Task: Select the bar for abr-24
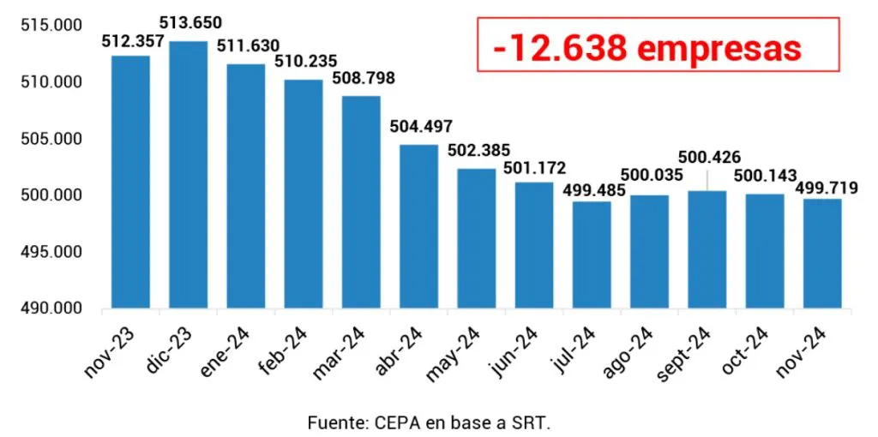point(418,226)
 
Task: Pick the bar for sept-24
point(707,249)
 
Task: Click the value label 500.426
point(708,158)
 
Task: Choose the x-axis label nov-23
point(108,352)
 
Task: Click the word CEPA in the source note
point(399,422)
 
